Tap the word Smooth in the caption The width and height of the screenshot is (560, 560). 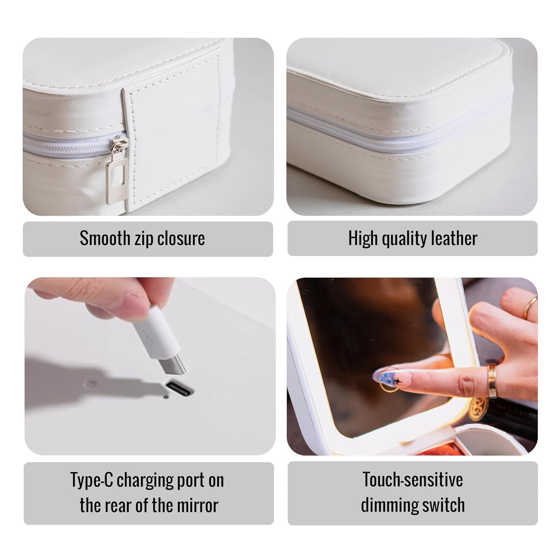point(105,238)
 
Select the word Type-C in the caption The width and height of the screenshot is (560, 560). point(92,480)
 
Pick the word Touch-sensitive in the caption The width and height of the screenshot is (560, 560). point(413,480)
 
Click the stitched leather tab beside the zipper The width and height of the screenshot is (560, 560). point(174,149)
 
